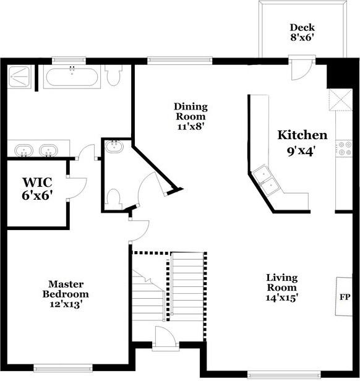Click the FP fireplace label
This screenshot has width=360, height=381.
click(345, 297)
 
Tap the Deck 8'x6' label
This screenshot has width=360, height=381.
click(302, 32)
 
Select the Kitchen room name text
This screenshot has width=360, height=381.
click(302, 135)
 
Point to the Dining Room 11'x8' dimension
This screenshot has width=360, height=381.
click(190, 126)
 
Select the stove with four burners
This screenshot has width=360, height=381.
click(343, 148)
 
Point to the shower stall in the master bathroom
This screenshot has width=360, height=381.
click(20, 77)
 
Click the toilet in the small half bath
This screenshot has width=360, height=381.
click(113, 198)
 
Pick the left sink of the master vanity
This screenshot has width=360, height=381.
click(24, 150)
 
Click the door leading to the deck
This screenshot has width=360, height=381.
click(299, 69)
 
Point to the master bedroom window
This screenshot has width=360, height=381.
click(64, 367)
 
